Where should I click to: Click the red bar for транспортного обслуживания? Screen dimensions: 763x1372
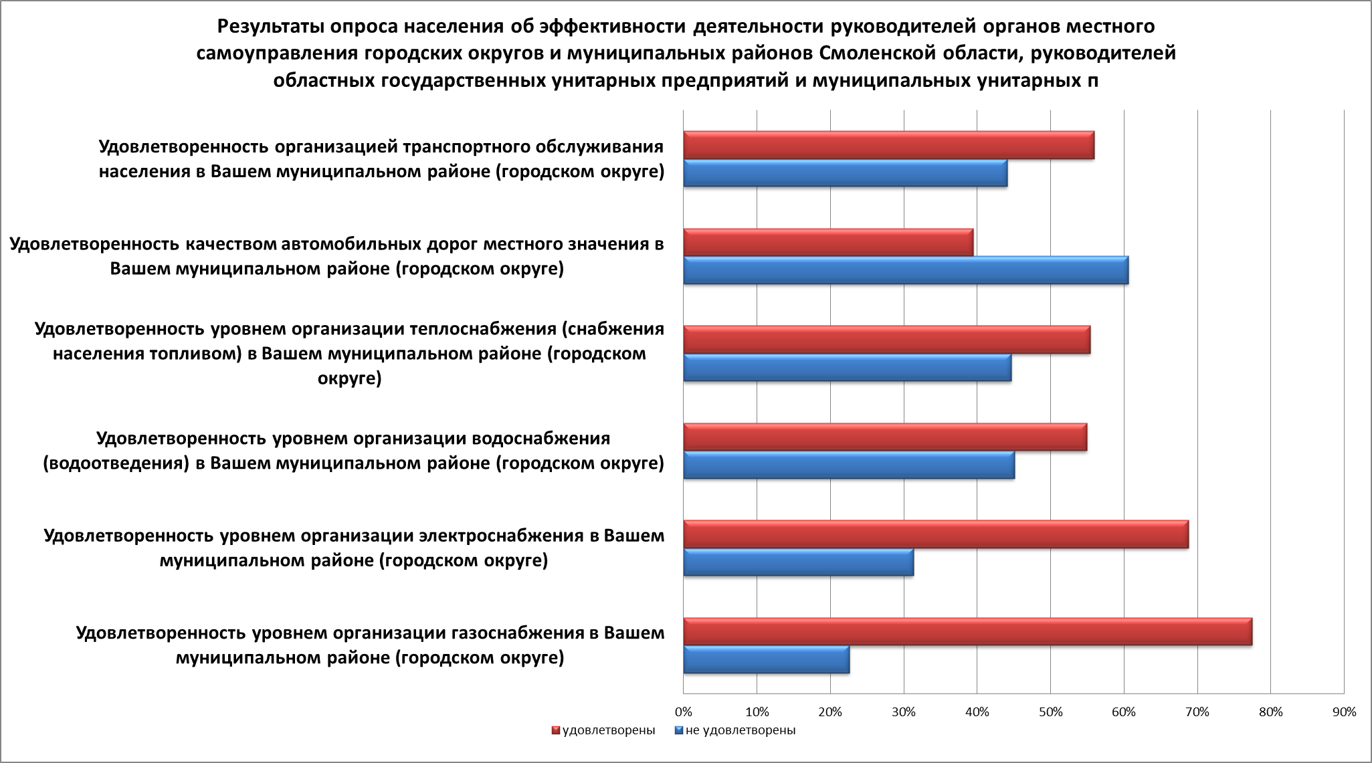point(888,145)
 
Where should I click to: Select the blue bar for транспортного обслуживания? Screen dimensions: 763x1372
point(845,173)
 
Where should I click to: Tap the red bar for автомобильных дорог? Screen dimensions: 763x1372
point(828,242)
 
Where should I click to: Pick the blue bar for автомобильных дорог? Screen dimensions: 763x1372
point(906,270)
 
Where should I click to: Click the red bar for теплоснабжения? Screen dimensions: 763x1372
point(886,340)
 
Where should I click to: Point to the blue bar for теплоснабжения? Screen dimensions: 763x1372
point(847,368)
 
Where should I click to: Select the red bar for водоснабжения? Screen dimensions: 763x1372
point(885,437)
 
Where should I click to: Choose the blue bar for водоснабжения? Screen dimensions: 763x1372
point(849,465)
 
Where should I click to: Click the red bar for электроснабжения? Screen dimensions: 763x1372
point(936,534)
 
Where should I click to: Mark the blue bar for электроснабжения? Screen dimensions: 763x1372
point(798,562)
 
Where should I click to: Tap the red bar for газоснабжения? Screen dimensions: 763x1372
point(967,632)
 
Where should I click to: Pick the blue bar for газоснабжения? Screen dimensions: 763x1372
point(766,659)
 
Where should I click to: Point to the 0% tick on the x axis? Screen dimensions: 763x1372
point(683,712)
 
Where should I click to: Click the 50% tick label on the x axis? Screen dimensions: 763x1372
point(1050,712)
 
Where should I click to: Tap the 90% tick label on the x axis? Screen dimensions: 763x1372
point(1344,712)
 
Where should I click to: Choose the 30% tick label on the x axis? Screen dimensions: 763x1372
point(904,712)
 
